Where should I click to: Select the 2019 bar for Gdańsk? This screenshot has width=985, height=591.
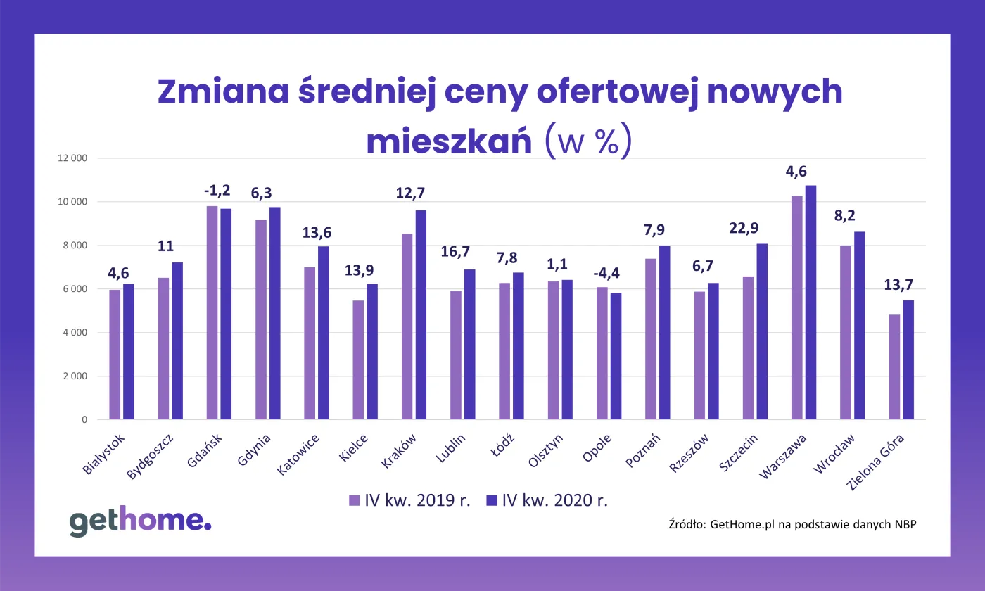tap(212, 313)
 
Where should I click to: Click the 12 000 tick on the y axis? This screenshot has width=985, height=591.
tap(72, 158)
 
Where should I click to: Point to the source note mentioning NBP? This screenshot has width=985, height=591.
tap(792, 524)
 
